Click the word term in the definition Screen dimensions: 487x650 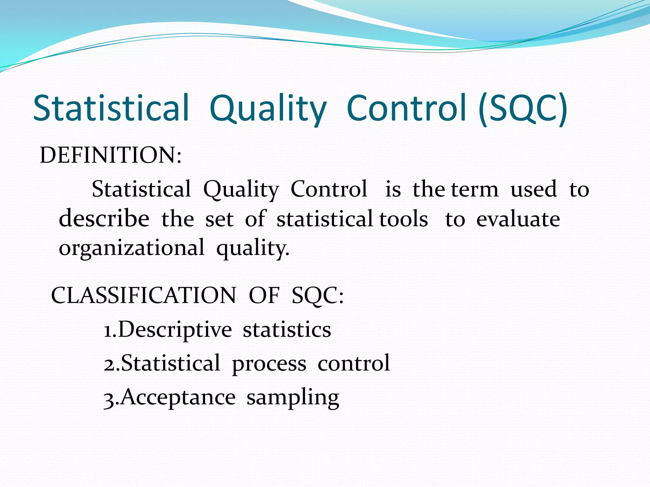tap(475, 190)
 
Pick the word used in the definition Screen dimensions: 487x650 tap(534, 190)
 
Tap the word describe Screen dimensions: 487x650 tap(104, 219)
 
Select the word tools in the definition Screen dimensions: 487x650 tap(404, 219)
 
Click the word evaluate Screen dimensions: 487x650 tap(518, 219)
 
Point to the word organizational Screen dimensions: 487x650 tap(132, 248)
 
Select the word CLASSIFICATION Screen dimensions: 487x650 tap(143, 295)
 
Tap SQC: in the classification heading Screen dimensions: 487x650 tap(317, 295)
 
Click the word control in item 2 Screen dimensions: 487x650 tap(354, 363)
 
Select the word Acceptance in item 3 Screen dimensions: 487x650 tap(178, 397)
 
